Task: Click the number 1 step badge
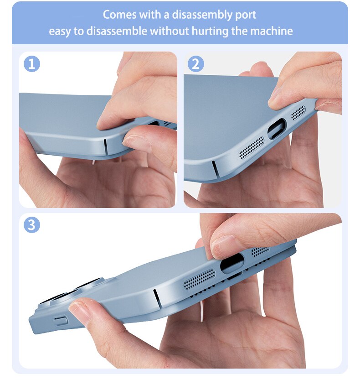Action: coord(31,64)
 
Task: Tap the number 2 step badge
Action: coord(196,64)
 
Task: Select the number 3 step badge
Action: coord(31,225)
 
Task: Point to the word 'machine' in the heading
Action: coord(272,31)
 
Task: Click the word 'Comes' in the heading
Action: coord(119,15)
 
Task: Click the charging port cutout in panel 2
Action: coord(277,129)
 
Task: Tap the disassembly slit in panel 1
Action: coord(105,146)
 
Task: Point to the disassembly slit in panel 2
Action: coord(215,169)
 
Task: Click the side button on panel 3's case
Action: coord(61,322)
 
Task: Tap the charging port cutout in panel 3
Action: coord(232,264)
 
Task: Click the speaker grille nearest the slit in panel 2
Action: coord(252,148)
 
